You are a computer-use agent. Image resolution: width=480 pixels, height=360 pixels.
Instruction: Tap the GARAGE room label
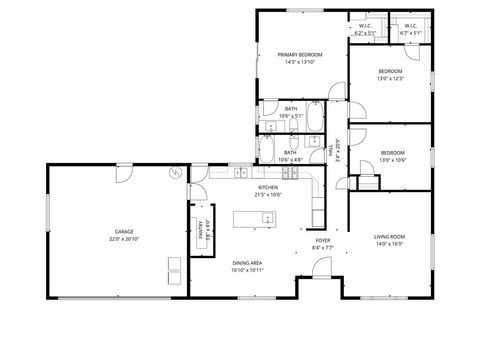[124, 231]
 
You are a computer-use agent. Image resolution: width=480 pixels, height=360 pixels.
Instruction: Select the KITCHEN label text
[268, 187]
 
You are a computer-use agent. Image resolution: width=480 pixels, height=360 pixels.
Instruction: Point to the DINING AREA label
[247, 262]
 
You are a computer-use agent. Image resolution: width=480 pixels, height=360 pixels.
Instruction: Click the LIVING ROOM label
[389, 236]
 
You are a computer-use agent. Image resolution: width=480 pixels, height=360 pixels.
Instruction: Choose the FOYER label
[323, 240]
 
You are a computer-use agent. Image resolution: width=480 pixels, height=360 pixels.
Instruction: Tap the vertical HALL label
[331, 152]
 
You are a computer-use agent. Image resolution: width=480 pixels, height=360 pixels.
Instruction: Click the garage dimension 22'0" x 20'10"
[124, 239]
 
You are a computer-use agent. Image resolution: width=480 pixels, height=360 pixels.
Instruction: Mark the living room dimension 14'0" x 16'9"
[389, 244]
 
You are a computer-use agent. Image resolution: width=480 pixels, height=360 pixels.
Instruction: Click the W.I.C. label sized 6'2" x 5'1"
[365, 25]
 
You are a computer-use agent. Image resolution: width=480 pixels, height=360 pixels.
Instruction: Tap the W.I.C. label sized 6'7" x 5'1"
[410, 25]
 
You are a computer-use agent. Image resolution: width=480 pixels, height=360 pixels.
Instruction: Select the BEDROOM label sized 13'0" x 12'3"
[390, 71]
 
